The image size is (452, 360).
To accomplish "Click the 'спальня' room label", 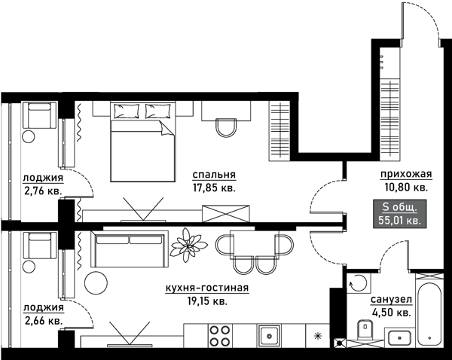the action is click(x=214, y=175).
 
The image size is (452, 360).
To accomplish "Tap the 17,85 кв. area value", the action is click(x=214, y=188).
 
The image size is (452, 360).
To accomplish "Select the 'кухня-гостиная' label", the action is click(x=207, y=288).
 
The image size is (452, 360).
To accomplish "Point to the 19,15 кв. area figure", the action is click(x=207, y=301).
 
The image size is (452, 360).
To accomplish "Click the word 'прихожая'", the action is click(x=406, y=175).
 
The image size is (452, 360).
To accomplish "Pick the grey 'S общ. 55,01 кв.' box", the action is click(x=399, y=214).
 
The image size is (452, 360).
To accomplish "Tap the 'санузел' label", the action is click(x=391, y=300).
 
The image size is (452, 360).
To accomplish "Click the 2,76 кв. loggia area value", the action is click(x=43, y=191).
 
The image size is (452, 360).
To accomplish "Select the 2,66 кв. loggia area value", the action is click(x=43, y=321).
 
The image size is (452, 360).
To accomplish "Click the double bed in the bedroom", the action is click(x=142, y=142).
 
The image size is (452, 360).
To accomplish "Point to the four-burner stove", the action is click(x=220, y=335).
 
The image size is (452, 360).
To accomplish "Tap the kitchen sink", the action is click(x=269, y=335).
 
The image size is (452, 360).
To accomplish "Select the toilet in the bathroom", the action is click(x=365, y=329).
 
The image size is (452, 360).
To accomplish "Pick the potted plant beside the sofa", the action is click(x=188, y=245).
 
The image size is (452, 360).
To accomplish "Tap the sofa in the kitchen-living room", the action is click(x=130, y=249).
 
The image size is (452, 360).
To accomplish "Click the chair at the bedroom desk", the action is click(x=227, y=127).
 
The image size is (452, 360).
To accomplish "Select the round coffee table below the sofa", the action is click(x=96, y=282).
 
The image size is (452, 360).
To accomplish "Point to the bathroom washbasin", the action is click(x=399, y=337).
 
